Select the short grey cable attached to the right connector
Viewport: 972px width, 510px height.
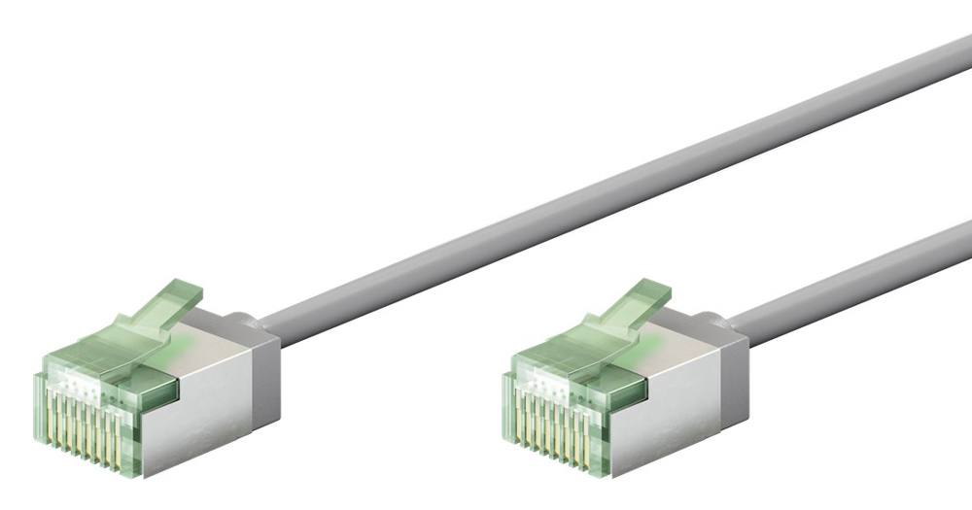[x=855, y=272]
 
